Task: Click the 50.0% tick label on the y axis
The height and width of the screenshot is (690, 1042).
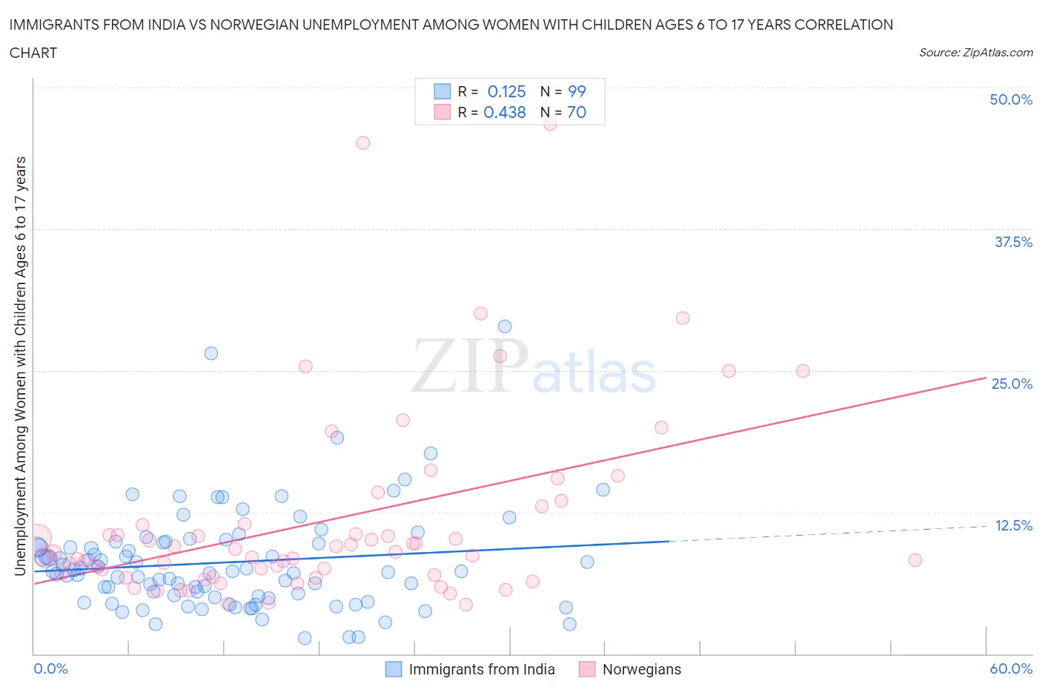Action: [x=1011, y=99]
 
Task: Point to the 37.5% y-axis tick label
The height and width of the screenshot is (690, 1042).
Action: [x=1013, y=242]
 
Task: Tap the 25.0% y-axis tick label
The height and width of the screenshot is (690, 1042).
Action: [x=1012, y=384]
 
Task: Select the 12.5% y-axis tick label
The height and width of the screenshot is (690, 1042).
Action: [x=1013, y=525]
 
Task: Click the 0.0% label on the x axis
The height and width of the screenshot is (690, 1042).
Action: [x=50, y=668]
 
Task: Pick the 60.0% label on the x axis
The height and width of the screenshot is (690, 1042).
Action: [x=1011, y=668]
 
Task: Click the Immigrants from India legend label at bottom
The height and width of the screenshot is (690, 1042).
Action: [x=482, y=669]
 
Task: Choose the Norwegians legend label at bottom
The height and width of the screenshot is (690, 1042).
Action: [x=642, y=669]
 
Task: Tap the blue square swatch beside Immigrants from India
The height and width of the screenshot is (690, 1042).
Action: [x=394, y=669]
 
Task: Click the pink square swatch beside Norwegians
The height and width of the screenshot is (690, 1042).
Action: [x=587, y=669]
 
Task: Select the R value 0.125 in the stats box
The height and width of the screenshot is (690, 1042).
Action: [x=506, y=91]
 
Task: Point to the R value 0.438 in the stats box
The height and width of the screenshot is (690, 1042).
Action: [x=505, y=112]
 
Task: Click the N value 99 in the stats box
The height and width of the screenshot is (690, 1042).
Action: [x=577, y=91]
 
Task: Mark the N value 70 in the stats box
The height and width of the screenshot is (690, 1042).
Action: [x=577, y=112]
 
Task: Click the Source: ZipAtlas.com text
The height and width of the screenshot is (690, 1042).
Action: [x=975, y=52]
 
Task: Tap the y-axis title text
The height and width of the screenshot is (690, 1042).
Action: [x=20, y=366]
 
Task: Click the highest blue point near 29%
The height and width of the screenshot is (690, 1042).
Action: [x=505, y=326]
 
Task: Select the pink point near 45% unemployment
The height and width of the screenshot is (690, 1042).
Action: [x=363, y=142]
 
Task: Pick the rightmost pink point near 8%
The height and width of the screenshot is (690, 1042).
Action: [x=915, y=560]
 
